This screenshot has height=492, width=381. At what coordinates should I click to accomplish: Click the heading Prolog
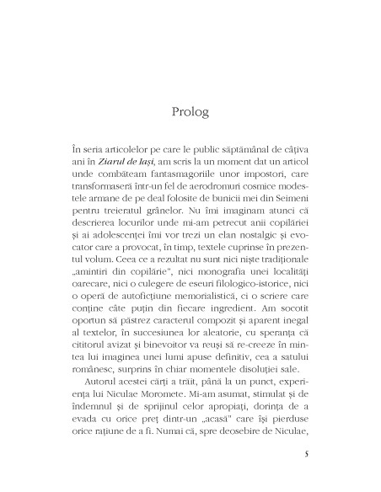190,111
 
